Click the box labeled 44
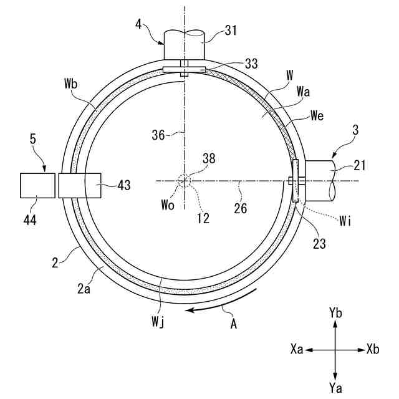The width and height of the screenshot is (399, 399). pyautogui.click(x=37, y=186)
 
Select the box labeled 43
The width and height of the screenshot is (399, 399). pyautogui.click(x=79, y=186)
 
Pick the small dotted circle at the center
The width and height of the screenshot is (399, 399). pyautogui.click(x=184, y=181)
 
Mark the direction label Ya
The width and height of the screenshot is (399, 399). pyautogui.click(x=335, y=388)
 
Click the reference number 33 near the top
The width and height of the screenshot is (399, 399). pyautogui.click(x=251, y=64)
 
